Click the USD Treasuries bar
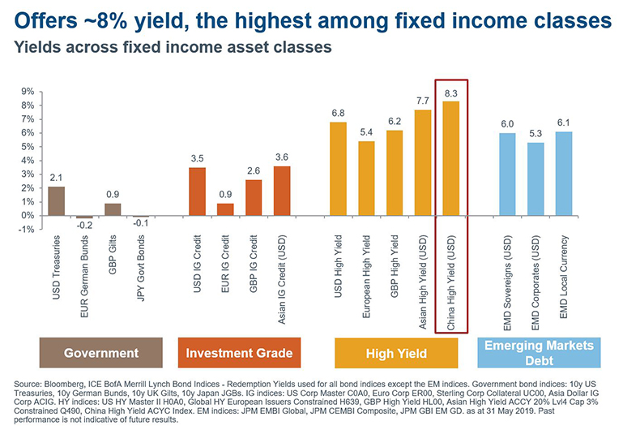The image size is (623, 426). (x=56, y=201)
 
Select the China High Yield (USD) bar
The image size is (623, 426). (x=451, y=158)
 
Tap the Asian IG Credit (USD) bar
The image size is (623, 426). (x=282, y=191)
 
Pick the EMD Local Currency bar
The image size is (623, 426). (x=564, y=174)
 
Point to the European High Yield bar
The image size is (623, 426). (x=366, y=179)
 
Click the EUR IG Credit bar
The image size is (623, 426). (x=225, y=209)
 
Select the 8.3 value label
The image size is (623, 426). (x=451, y=93)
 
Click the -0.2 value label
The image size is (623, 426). (x=84, y=226)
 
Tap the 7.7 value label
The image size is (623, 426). (x=423, y=101)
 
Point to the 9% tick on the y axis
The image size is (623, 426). (x=28, y=92)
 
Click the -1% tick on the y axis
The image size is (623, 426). (x=26, y=230)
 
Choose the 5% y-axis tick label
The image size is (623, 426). (x=28, y=147)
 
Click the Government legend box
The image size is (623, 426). (x=101, y=353)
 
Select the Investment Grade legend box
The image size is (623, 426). (x=239, y=353)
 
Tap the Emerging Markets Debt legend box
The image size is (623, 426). (x=539, y=353)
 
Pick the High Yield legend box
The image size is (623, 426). (x=396, y=353)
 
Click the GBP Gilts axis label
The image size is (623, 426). (x=113, y=255)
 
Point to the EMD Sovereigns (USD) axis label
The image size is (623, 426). (x=507, y=283)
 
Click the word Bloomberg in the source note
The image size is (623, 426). (x=63, y=384)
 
